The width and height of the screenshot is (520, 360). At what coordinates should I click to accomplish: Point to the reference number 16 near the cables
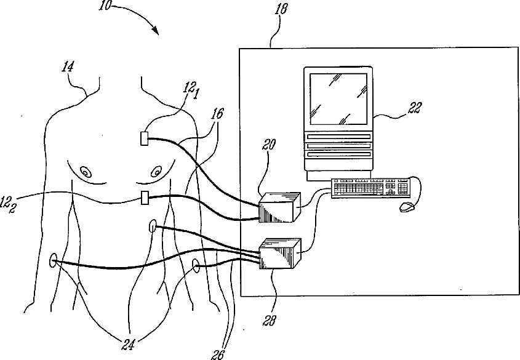(x=216, y=115)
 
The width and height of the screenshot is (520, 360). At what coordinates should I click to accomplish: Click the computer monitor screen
(x=338, y=97)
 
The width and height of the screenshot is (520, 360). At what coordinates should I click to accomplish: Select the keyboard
(x=369, y=188)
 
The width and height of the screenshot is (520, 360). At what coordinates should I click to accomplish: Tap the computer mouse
(x=406, y=207)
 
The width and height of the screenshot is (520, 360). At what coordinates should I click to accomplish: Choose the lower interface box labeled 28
(x=280, y=254)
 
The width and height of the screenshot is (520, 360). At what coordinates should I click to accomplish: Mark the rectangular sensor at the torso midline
(x=145, y=198)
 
